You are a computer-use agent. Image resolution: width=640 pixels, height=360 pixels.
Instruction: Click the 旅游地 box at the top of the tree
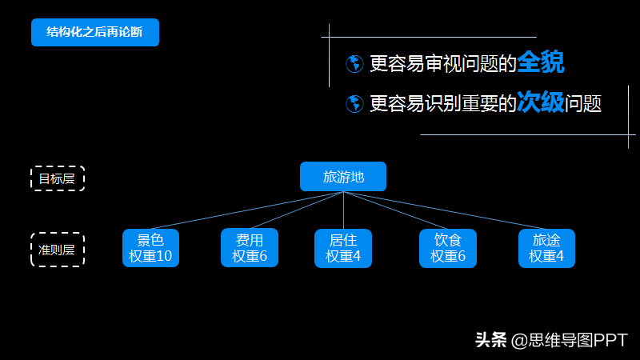coord(343,176)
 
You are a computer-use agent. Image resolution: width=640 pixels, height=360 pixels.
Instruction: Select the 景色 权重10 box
coord(150,248)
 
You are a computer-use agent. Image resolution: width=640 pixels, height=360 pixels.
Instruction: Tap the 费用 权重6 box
coord(250,248)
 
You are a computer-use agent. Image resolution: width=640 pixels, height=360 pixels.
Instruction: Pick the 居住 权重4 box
coord(343,248)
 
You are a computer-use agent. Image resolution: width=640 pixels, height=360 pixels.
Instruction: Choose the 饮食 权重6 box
coord(448,248)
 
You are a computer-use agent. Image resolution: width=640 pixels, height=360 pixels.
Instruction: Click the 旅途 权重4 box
coord(546,248)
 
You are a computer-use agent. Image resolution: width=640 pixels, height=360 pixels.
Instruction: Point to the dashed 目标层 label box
coord(57,178)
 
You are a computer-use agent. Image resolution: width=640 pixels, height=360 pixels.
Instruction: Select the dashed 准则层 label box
coord(57,250)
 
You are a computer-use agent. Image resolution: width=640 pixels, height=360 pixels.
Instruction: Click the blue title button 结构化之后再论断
coord(95,32)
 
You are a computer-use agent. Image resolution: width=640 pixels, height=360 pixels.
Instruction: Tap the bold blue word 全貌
coord(541,62)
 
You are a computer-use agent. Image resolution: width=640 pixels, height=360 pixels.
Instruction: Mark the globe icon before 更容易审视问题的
coord(354,64)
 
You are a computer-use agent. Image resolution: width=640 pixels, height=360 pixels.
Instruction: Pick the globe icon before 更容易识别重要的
coord(354,104)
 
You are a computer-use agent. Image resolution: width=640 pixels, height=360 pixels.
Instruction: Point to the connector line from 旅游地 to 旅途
coord(456,212)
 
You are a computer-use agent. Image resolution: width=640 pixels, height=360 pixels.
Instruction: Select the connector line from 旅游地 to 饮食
coord(400,211)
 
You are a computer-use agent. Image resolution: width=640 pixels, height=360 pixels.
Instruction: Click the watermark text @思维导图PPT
coord(570,340)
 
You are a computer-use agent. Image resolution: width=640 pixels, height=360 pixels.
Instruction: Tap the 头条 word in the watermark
coord(491,340)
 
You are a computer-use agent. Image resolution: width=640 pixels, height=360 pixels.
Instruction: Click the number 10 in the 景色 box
coord(164,257)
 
